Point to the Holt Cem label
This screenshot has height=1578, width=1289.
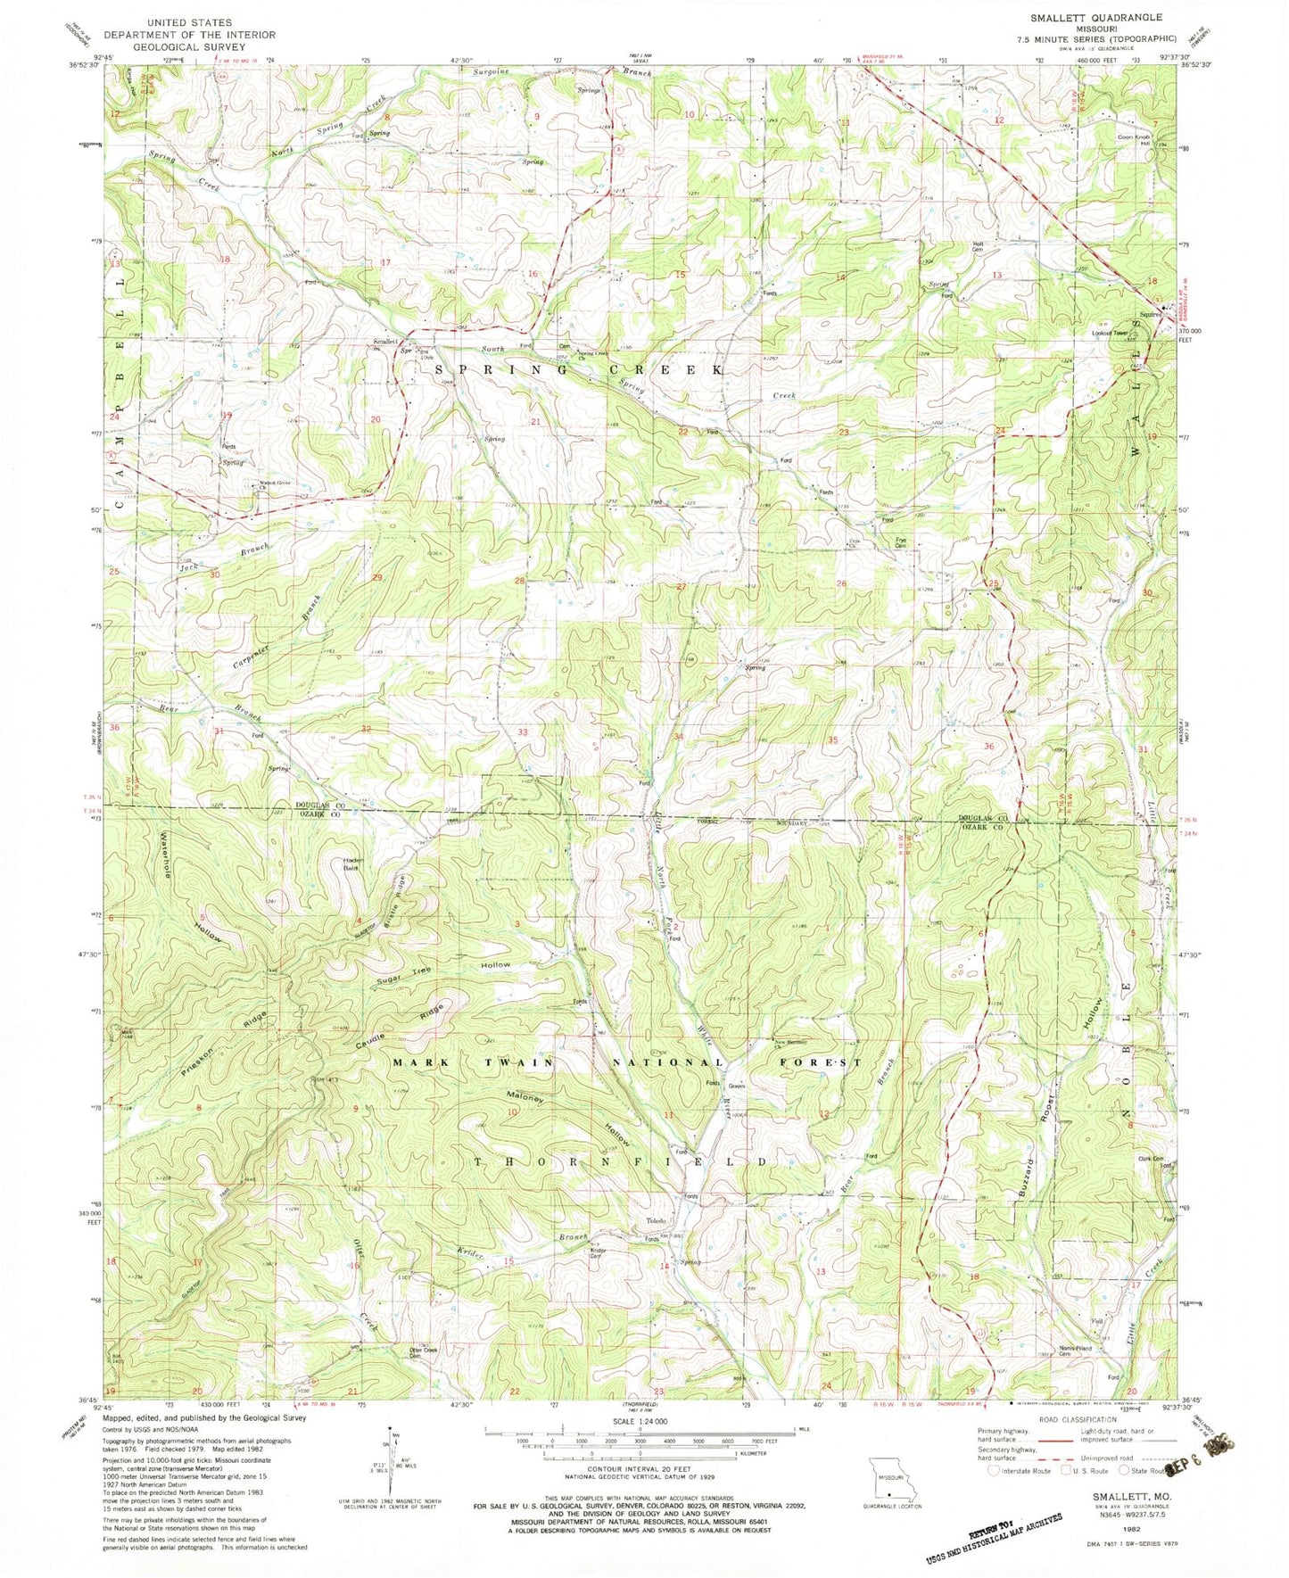point(982,247)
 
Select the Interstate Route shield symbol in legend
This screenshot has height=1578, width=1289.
point(996,1471)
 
